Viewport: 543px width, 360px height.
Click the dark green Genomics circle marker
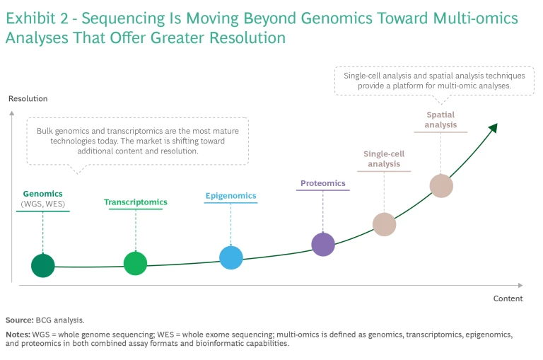(x=43, y=265)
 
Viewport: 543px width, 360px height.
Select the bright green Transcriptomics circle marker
(x=135, y=263)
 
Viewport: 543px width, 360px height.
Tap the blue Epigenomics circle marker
(x=231, y=257)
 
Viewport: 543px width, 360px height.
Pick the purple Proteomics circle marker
(x=323, y=244)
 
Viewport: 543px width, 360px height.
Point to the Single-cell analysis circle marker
(x=385, y=224)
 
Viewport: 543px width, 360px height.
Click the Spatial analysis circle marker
(x=441, y=186)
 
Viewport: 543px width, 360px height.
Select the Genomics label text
(x=43, y=193)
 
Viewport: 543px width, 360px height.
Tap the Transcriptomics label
(x=136, y=202)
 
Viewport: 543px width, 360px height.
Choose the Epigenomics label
(x=230, y=196)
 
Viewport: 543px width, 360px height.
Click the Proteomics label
(x=323, y=183)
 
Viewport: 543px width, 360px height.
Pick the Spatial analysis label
(x=440, y=120)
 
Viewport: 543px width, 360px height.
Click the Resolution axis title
(x=28, y=98)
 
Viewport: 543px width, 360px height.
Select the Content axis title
(x=508, y=298)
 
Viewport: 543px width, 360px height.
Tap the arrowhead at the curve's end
(x=493, y=127)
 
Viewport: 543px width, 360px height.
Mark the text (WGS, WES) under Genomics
(x=43, y=204)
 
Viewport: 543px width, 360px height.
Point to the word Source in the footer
(x=18, y=320)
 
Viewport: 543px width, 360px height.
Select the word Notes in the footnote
(x=17, y=333)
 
